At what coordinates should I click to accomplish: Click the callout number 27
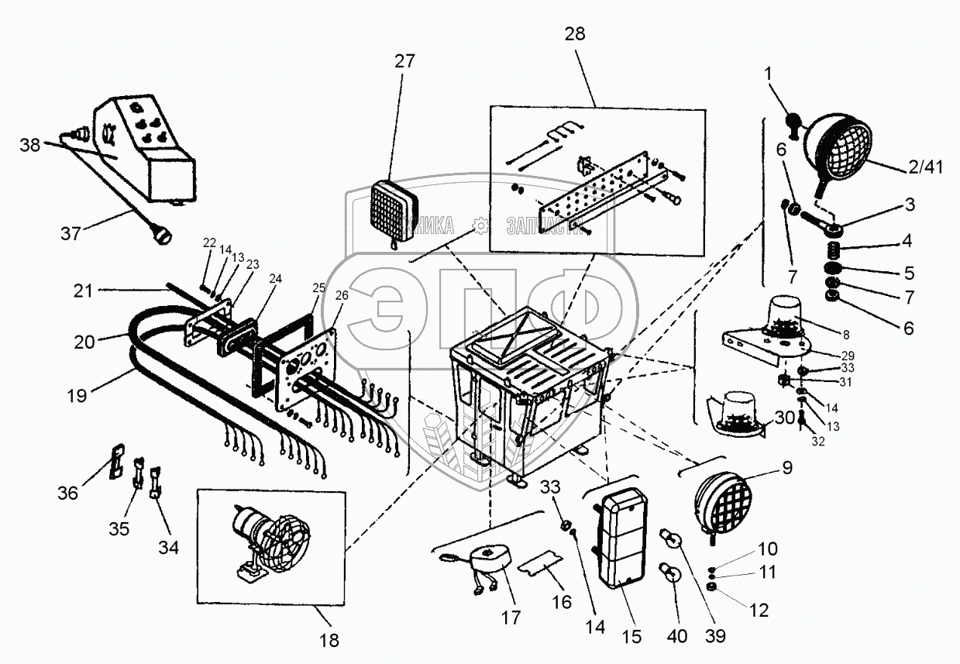[404, 62]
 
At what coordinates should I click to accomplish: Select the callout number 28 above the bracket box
[575, 34]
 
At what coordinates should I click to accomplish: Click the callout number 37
[71, 232]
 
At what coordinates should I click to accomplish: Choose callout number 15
[631, 637]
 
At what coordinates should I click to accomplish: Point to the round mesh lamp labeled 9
[721, 500]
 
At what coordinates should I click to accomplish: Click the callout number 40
[678, 637]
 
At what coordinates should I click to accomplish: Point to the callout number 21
[84, 291]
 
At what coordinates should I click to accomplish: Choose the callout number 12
[759, 611]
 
